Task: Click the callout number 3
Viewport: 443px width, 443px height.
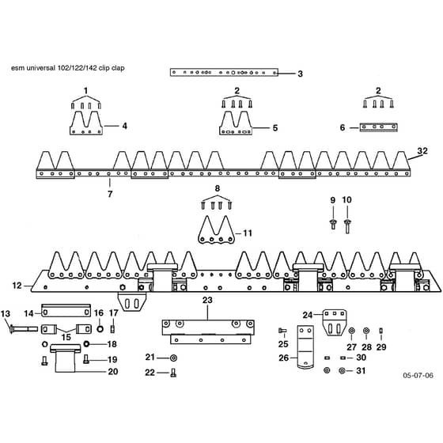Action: pyautogui.click(x=300, y=74)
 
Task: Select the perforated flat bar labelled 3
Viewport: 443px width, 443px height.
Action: pyautogui.click(x=224, y=72)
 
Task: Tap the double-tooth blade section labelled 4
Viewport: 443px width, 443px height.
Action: pyautogui.click(x=86, y=123)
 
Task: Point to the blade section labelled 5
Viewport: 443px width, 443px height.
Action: pyautogui.click(x=236, y=123)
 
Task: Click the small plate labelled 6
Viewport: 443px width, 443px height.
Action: pyautogui.click(x=379, y=127)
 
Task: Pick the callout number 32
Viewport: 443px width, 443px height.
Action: pyautogui.click(x=422, y=151)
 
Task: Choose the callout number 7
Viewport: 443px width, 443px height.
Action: pyautogui.click(x=110, y=194)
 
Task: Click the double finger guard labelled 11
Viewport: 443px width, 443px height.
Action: pyautogui.click(x=217, y=229)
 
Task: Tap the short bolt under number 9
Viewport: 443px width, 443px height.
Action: pyautogui.click(x=333, y=225)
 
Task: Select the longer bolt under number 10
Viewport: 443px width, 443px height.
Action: pyautogui.click(x=347, y=226)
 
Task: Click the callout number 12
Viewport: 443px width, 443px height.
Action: pyautogui.click(x=17, y=286)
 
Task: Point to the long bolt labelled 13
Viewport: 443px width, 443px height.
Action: pyautogui.click(x=24, y=329)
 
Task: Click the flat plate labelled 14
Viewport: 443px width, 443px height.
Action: pyautogui.click(x=66, y=310)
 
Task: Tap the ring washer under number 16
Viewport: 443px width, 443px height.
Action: pyautogui.click(x=100, y=329)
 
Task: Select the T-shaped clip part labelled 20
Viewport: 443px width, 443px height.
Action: pyautogui.click(x=65, y=358)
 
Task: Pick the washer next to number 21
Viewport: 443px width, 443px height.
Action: pyautogui.click(x=173, y=358)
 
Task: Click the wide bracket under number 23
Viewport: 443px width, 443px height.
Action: pyautogui.click(x=208, y=331)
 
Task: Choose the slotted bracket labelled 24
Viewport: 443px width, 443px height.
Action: pyautogui.click(x=335, y=323)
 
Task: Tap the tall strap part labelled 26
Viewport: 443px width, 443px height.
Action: pyautogui.click(x=305, y=347)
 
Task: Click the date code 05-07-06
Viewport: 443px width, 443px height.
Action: pyautogui.click(x=418, y=376)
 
